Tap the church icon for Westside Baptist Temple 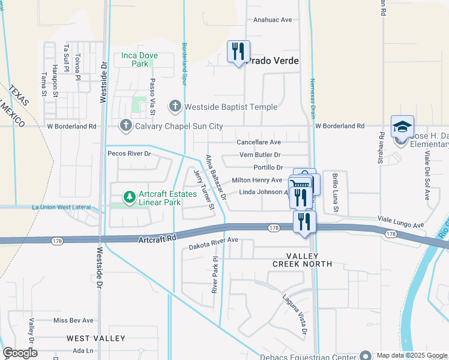coord(175,107)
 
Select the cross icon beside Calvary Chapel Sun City coord(125,126)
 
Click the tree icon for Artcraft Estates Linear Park coord(129,196)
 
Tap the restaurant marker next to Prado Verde coord(238,52)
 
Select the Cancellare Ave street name coord(259,142)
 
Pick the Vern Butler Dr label coord(260,155)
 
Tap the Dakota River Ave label coord(214,240)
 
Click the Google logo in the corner coord(20,352)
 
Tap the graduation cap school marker coord(402,127)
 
